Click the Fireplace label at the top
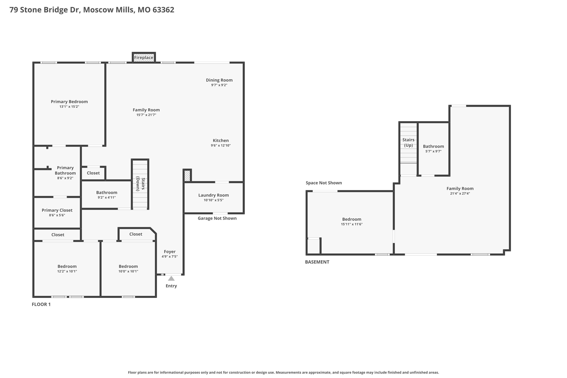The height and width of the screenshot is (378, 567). click(143, 58)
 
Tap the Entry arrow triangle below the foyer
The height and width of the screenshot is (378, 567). click(171, 278)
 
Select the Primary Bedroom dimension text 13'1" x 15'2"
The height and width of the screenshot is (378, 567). click(69, 107)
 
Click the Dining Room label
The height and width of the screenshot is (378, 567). click(219, 80)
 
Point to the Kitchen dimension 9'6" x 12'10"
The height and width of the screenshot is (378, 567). click(220, 145)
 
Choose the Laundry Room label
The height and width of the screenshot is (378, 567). click(213, 195)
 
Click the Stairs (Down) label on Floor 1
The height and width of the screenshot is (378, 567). click(140, 184)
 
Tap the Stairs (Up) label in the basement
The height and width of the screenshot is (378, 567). click(408, 142)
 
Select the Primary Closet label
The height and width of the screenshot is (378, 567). click(57, 210)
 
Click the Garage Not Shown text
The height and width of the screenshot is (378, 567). click(217, 218)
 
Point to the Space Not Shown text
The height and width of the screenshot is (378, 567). click(324, 183)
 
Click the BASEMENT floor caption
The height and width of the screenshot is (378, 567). click(317, 262)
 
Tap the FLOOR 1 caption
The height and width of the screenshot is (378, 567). click(41, 304)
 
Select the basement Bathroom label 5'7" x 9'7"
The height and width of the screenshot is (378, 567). click(433, 146)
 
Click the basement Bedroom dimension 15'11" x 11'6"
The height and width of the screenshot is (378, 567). click(352, 224)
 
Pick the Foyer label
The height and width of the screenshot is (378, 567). click(169, 251)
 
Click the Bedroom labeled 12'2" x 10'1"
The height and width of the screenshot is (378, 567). click(67, 266)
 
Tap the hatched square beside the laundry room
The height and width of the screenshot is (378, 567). click(187, 176)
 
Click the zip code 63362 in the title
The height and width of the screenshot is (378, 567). click(163, 10)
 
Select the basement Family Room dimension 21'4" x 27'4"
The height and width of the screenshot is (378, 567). click(460, 194)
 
